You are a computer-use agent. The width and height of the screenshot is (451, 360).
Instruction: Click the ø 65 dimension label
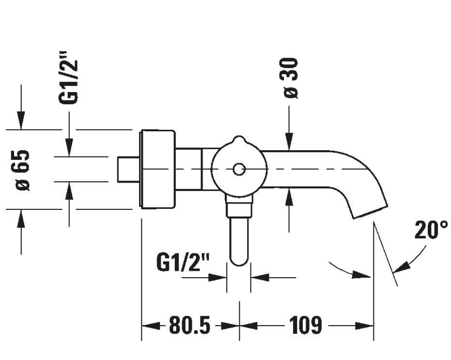[x=23, y=170]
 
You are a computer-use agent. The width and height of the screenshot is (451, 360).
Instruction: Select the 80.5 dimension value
[x=190, y=326]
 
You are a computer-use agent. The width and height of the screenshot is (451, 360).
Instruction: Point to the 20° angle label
[x=431, y=231]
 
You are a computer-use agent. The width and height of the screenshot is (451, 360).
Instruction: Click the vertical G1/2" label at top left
[x=68, y=82]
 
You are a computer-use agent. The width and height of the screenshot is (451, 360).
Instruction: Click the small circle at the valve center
[x=238, y=170]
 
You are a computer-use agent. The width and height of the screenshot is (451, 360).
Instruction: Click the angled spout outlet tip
[x=371, y=212]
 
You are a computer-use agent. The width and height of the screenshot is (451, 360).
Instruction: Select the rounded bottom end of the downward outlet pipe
[x=239, y=261]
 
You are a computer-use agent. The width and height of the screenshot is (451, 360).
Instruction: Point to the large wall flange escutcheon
[x=156, y=170]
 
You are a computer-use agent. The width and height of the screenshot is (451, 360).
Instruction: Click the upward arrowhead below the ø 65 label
[x=21, y=217]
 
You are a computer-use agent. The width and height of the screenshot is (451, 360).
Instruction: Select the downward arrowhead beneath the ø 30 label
[x=289, y=141]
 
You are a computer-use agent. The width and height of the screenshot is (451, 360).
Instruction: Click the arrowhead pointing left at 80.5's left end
[x=148, y=326]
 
